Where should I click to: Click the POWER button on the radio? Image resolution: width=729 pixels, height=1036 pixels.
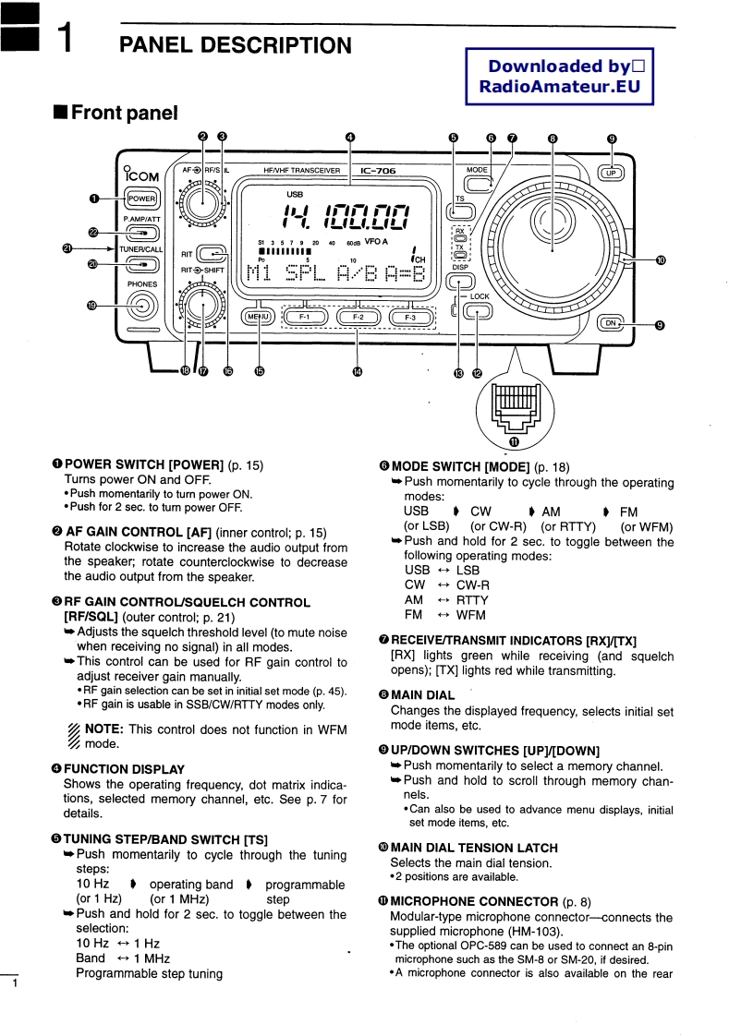pos(141,198)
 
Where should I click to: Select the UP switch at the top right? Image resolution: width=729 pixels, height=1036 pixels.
pos(610,173)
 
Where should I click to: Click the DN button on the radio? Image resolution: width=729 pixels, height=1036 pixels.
pos(610,322)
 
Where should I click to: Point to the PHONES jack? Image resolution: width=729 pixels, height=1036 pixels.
pos(141,306)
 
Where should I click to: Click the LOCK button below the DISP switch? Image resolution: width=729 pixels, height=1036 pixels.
pos(478,312)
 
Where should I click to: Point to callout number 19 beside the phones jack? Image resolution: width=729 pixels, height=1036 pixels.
pos(91,306)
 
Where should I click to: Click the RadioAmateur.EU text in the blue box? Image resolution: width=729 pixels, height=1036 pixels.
pos(558,87)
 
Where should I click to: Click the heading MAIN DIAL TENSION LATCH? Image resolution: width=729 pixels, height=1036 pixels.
pos(474,847)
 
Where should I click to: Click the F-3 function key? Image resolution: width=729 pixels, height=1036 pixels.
pos(410,317)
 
